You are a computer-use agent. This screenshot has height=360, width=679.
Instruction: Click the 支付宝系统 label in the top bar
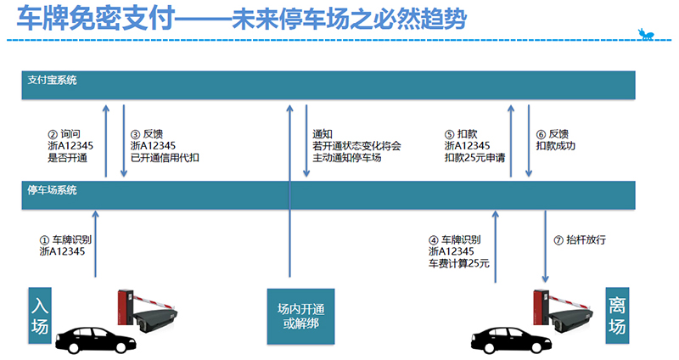coord(52,80)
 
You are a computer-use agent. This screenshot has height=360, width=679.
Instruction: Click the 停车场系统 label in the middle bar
coord(52,190)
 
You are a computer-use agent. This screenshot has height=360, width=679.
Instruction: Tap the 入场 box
coord(40,315)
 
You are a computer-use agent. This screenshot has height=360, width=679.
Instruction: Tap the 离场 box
coord(617,315)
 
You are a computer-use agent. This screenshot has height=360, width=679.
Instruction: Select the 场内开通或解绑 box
coord(300,316)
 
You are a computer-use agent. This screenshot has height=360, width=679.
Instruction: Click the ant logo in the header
coord(646,34)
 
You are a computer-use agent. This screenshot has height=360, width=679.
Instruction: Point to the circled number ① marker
coord(44,240)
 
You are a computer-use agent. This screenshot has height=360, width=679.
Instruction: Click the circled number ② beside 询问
coord(53,135)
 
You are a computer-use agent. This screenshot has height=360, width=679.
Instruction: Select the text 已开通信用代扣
coord(165,158)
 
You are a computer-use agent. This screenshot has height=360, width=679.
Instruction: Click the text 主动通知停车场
coord(347,158)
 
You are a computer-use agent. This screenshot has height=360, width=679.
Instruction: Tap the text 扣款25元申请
coord(474,158)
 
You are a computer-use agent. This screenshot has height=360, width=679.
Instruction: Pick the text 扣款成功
coord(556,146)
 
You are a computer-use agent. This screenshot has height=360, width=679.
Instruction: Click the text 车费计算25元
coord(459,263)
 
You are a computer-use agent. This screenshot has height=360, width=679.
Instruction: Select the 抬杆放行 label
coord(586,240)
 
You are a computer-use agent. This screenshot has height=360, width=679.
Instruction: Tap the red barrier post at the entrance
coord(125,307)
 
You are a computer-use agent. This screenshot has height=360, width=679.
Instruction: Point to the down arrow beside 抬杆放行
coord(545,246)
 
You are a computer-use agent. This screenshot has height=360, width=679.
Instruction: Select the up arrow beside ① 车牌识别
coord(96,244)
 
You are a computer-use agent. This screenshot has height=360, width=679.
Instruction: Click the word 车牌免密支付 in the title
coord(96,18)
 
